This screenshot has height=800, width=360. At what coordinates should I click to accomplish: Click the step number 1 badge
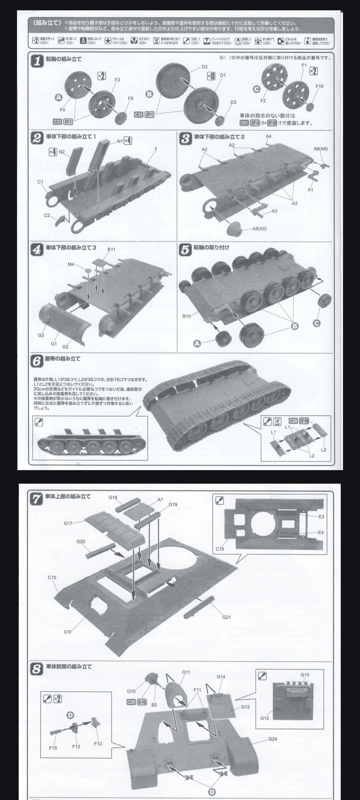(x=38, y=61)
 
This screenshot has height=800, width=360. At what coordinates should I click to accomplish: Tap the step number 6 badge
(x=36, y=361)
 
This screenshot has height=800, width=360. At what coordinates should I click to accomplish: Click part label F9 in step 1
(x=131, y=98)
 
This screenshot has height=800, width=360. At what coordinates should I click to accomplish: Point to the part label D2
(x=204, y=67)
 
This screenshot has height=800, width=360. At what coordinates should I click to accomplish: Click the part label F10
(x=319, y=86)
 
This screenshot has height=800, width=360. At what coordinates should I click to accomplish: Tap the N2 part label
(x=62, y=152)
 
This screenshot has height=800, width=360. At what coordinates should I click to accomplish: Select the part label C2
(x=47, y=215)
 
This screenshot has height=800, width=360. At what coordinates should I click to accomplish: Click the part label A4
(x=269, y=136)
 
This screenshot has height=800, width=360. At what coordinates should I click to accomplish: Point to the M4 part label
(x=71, y=264)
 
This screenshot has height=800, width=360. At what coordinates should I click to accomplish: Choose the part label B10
(x=187, y=316)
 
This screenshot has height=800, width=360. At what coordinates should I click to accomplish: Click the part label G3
(x=41, y=335)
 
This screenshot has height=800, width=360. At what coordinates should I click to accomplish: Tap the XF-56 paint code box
(x=304, y=421)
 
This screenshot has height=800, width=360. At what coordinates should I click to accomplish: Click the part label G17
(x=68, y=523)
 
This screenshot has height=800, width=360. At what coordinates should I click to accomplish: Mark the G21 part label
(x=226, y=617)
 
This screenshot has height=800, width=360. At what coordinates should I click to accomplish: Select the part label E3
(x=321, y=516)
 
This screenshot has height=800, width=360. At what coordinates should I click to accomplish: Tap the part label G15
(x=305, y=675)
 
